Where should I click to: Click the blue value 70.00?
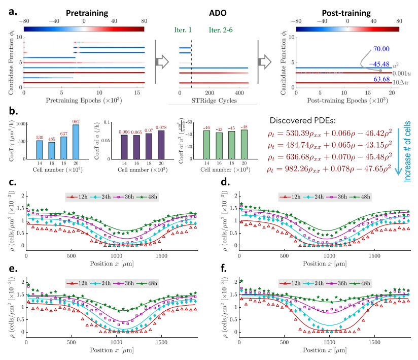coord(365,49)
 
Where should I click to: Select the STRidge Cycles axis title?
coord(212,100)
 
